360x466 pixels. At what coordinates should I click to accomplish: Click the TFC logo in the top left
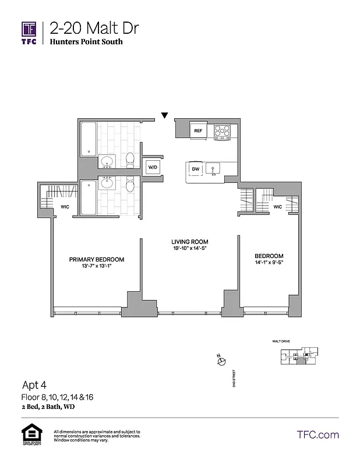29,34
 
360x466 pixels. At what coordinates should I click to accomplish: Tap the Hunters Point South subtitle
86,42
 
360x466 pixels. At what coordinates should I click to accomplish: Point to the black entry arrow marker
165,115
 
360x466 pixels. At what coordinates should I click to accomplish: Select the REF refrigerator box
198,132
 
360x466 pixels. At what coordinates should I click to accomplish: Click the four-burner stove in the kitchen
222,132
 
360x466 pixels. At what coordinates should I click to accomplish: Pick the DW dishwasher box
195,170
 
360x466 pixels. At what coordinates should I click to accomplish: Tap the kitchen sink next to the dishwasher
214,170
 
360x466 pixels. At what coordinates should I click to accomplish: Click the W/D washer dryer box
153,167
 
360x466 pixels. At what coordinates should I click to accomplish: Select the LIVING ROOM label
189,242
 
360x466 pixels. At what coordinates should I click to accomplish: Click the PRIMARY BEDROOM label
97,260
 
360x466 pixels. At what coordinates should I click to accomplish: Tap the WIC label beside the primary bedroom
65,207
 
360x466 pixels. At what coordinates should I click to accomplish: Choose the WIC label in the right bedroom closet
277,207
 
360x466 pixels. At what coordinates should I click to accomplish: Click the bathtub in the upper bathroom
89,139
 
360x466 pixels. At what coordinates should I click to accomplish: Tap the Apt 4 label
34,384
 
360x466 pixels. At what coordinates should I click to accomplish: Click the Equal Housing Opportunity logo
30,435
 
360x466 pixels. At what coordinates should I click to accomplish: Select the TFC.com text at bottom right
317,435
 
